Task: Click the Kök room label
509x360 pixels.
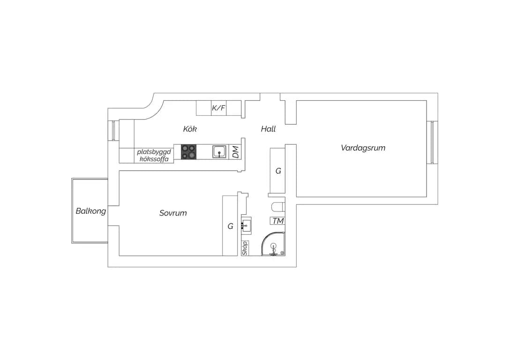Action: [x=190, y=129]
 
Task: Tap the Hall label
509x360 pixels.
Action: [x=268, y=129]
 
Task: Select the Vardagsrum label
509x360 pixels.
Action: [x=363, y=148]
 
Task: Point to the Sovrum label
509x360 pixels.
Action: [x=173, y=213]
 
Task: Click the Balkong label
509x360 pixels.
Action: [x=90, y=211]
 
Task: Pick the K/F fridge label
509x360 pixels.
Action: [x=218, y=108]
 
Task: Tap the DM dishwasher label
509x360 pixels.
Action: [x=236, y=151]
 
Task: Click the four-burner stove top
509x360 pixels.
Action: [x=188, y=151]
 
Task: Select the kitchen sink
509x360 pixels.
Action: [x=220, y=151]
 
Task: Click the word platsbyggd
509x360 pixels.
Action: [x=154, y=152]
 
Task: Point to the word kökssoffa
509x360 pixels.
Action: [x=154, y=159]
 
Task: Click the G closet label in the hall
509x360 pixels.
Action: [x=278, y=171]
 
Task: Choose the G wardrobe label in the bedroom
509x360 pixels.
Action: [x=230, y=226]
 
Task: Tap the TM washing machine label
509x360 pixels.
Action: [x=278, y=221]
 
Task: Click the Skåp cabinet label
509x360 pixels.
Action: [x=245, y=247]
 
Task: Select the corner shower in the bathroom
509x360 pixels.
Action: [x=274, y=244]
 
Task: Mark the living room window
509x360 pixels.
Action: [x=432, y=142]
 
